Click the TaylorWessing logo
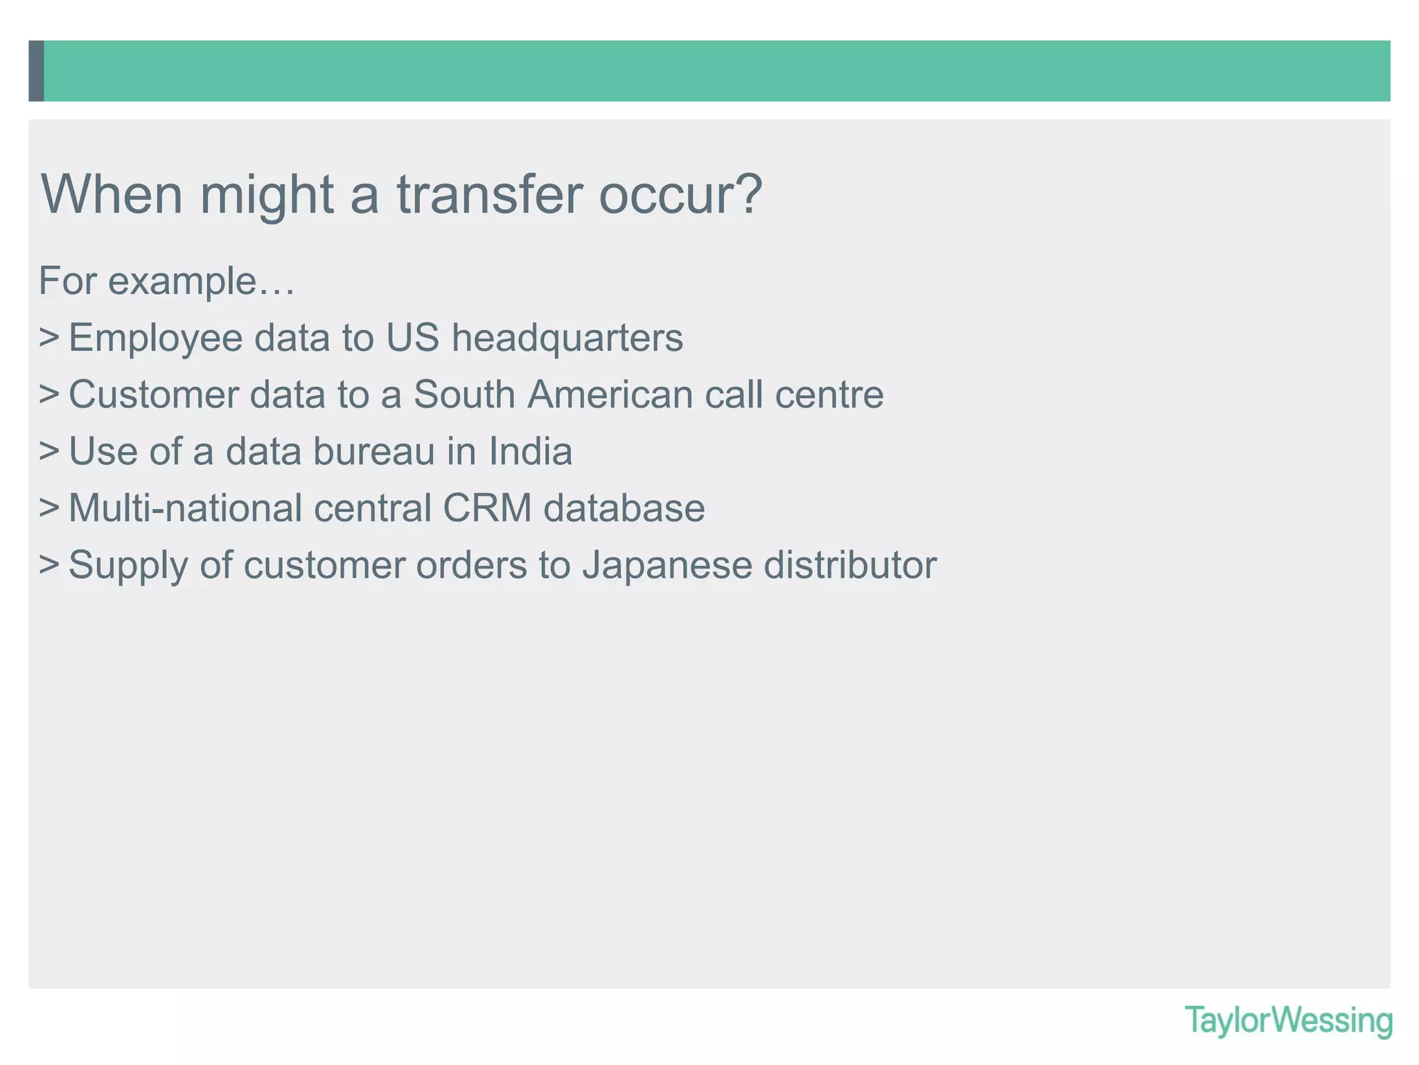1288,1021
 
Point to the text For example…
167,282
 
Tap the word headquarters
567,338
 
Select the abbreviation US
412,338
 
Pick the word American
610,395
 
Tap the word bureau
373,452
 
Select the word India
530,452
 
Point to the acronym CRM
486,509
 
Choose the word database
624,509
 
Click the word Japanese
667,565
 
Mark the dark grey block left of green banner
36,71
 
